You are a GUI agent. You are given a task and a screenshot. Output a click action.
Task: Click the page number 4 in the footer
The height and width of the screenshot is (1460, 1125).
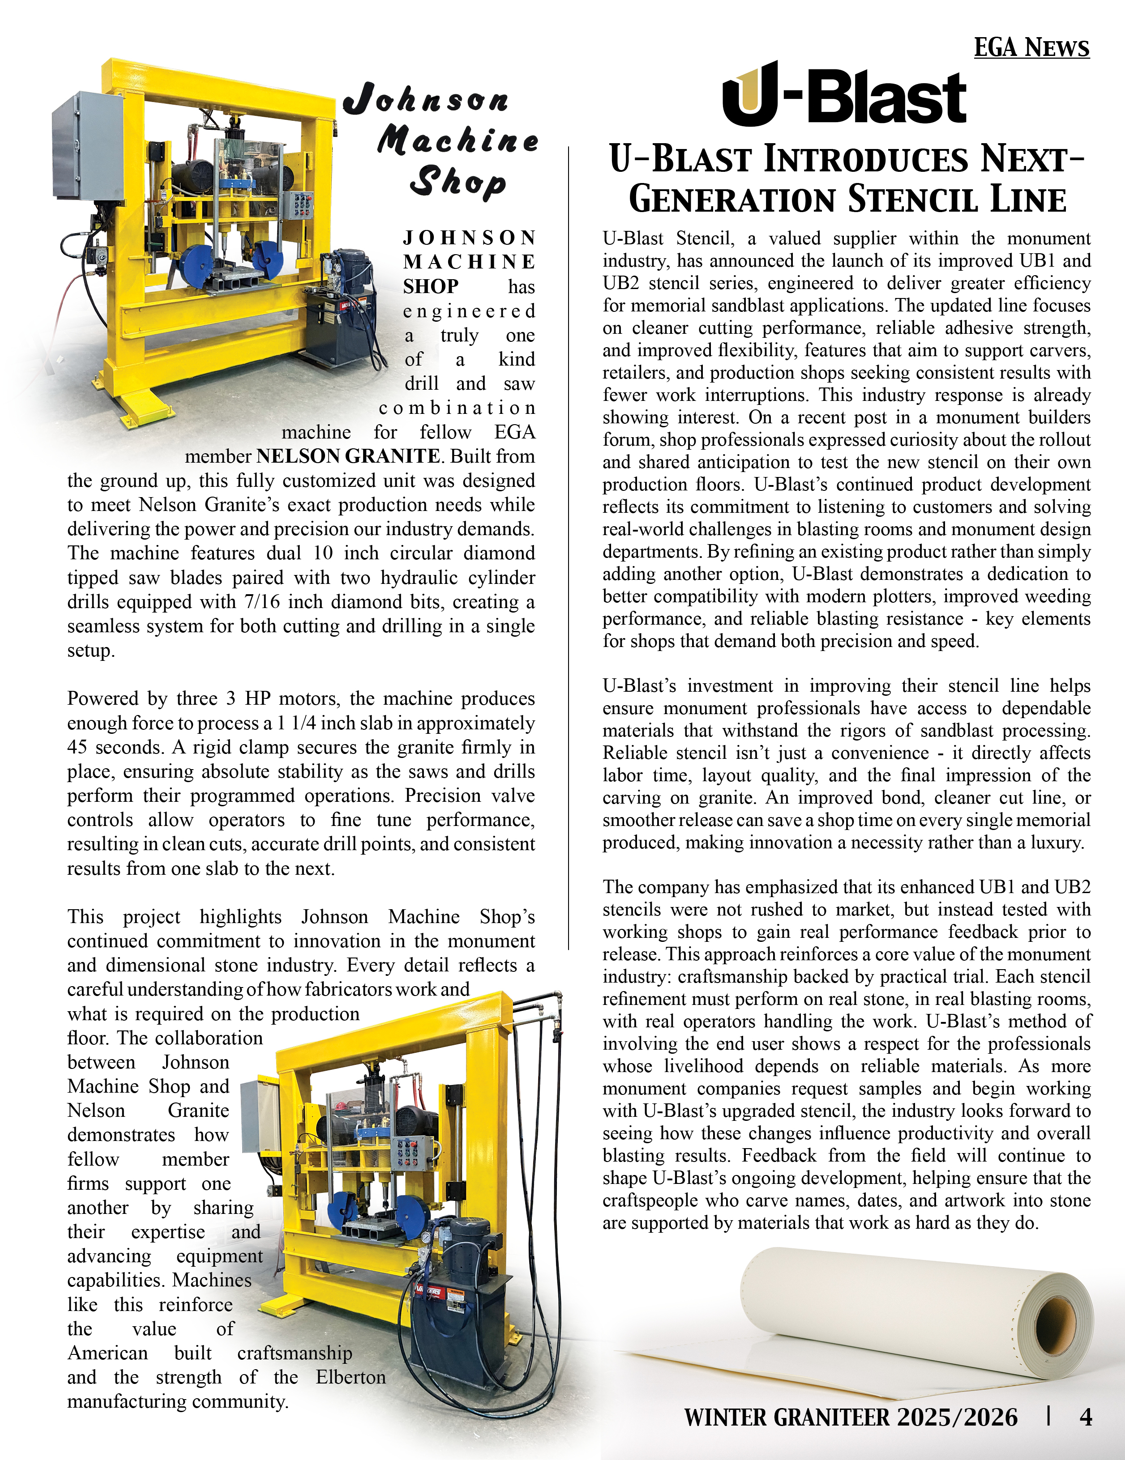(x=1086, y=1417)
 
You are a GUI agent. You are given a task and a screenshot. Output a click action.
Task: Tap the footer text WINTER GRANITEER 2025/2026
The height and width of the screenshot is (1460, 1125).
(x=850, y=1417)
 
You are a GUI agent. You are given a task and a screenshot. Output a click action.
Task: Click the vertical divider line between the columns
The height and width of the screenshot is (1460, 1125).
(x=569, y=548)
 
